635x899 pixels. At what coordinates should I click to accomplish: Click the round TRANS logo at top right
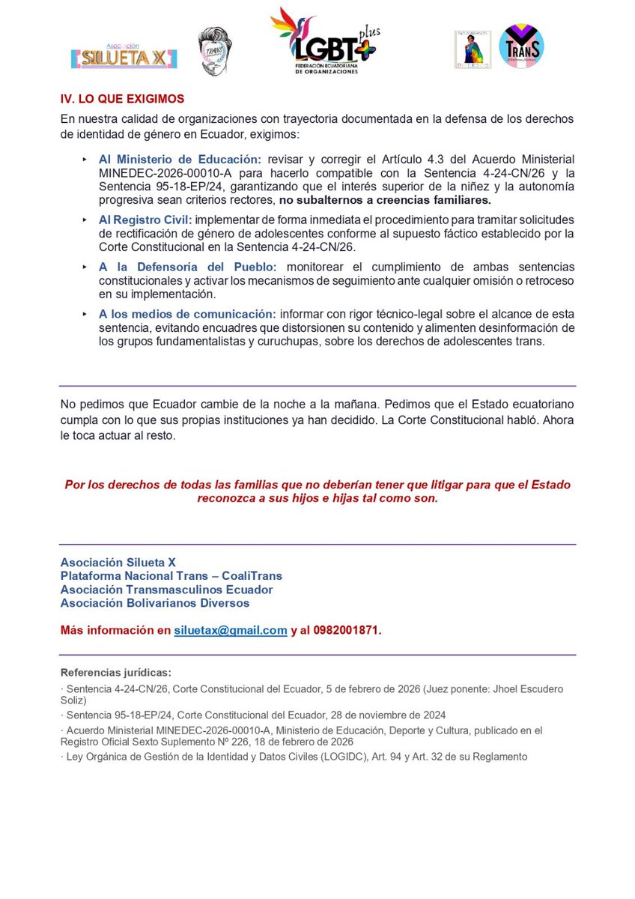[521, 46]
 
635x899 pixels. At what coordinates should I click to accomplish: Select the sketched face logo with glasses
[216, 51]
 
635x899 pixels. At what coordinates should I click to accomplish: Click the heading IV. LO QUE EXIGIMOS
[122, 99]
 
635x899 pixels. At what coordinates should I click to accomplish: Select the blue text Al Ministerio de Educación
[180, 159]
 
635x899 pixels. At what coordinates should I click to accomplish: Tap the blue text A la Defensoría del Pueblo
[188, 267]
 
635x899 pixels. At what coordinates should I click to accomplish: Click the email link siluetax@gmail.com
[231, 630]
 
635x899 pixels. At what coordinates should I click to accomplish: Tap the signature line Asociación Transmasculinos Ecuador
[166, 590]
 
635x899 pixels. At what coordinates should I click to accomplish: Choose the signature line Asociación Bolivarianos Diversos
[155, 603]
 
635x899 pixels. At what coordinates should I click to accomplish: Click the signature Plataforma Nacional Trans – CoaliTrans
[171, 576]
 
